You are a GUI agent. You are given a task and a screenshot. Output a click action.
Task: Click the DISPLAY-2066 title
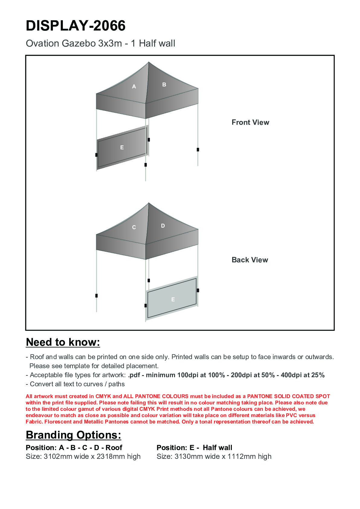click(76, 26)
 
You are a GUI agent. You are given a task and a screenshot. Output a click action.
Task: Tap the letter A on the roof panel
click(134, 86)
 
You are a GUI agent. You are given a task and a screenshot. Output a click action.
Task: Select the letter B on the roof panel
click(164, 85)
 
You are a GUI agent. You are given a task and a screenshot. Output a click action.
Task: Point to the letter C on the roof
click(134, 227)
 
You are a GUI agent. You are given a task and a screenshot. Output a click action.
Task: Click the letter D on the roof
click(163, 226)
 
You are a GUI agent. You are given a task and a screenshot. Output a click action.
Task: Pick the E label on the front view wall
click(122, 148)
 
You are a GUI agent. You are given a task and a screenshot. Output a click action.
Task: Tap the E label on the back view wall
click(173, 300)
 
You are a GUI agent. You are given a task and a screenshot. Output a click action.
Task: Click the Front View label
click(250, 122)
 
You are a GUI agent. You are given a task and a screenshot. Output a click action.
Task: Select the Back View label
click(250, 260)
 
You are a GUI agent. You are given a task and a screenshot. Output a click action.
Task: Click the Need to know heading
click(63, 342)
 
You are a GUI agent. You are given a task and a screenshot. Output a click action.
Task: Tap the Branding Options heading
click(73, 435)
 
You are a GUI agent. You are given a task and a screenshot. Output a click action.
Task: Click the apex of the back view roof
click(148, 203)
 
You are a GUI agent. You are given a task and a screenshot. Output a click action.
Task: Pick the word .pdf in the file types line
click(134, 375)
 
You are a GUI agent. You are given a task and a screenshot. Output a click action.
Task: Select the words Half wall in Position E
click(217, 448)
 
